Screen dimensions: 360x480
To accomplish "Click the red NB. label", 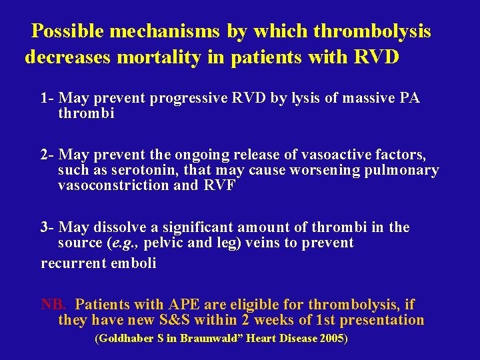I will click(x=53, y=305).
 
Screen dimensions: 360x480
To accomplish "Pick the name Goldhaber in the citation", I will click(x=125, y=338).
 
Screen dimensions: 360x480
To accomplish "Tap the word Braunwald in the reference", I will click(x=207, y=338).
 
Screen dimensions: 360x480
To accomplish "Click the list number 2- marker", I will click(x=47, y=155).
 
